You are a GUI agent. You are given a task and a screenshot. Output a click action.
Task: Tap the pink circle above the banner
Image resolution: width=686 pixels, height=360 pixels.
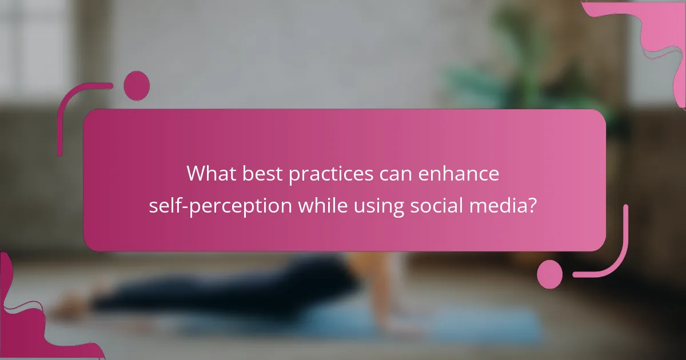pos(137,85)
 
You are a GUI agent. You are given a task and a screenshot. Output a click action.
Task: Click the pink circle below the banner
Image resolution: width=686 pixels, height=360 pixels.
pos(549,274)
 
